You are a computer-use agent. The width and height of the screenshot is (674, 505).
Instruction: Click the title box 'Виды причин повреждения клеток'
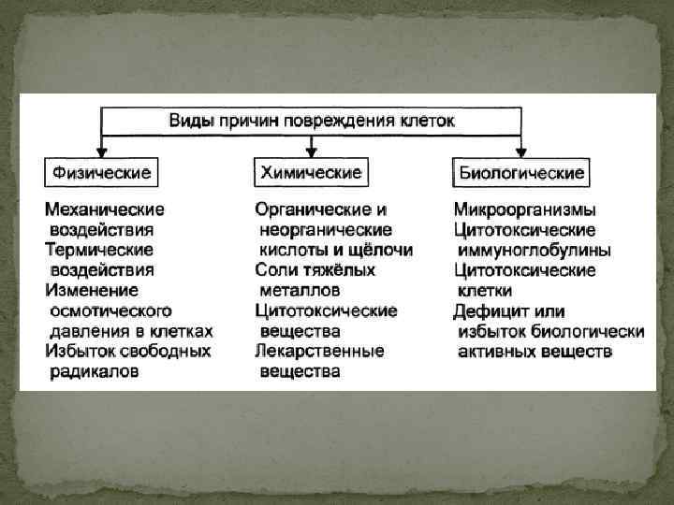[x=312, y=122]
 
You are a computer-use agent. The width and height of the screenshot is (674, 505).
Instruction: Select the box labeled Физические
[x=100, y=172]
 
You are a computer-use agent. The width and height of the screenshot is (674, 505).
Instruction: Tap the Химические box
[x=311, y=172]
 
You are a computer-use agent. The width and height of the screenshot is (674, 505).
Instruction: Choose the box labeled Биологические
[x=522, y=172]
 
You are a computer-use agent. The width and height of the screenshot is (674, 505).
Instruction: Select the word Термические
[x=99, y=250]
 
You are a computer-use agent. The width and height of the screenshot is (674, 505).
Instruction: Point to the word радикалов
[x=94, y=371]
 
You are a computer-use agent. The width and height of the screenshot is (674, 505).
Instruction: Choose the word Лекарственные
[x=319, y=352]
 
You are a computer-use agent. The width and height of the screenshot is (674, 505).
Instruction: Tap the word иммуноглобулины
[x=535, y=250]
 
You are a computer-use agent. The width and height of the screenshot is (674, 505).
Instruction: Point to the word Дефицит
[x=489, y=311]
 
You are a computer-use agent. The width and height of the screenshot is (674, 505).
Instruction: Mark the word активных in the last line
[x=495, y=352]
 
